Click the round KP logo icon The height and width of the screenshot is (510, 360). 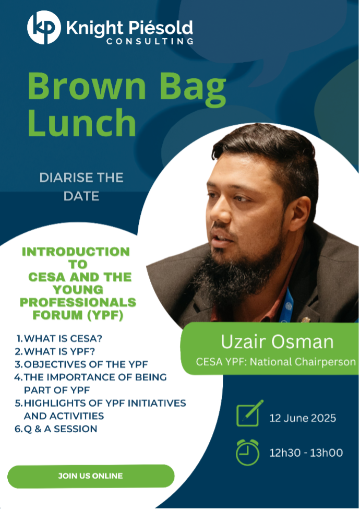tap(44, 27)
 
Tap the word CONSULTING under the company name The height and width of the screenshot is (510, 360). tap(150, 41)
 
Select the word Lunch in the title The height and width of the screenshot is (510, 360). tap(81, 123)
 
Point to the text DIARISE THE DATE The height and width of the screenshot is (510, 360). tap(81, 187)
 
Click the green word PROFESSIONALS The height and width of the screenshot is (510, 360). tap(78, 302)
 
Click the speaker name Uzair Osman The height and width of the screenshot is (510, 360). tap(277, 342)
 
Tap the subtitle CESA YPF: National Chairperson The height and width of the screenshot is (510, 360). tap(276, 362)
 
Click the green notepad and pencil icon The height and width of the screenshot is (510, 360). tap(249, 413)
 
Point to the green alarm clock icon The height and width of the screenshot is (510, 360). tap(247, 452)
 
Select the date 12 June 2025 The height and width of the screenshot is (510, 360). tap(303, 418)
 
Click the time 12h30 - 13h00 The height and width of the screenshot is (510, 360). tap(306, 453)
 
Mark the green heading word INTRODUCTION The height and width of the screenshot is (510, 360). tap(76, 252)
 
